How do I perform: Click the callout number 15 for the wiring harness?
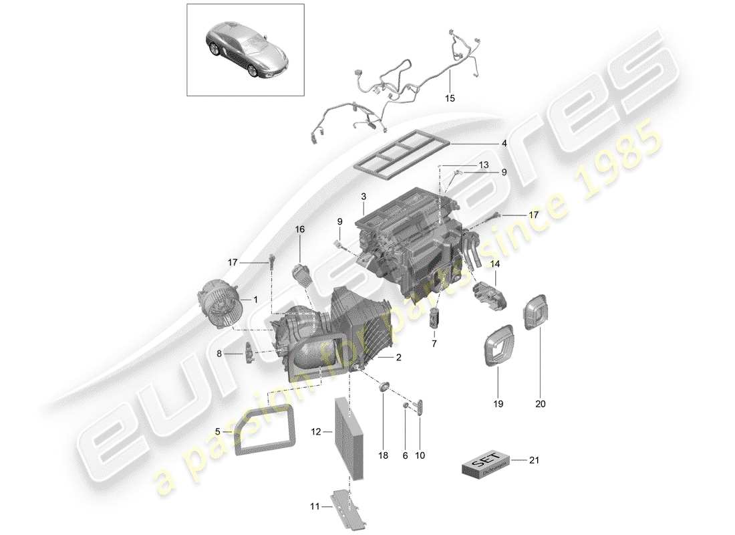tap(450, 98)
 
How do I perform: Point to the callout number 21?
tap(533, 460)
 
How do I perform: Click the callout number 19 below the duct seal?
tap(498, 404)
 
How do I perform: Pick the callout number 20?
tap(540, 404)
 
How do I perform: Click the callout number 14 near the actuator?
tap(495, 265)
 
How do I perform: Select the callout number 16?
tap(300, 229)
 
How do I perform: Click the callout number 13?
tap(464, 165)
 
